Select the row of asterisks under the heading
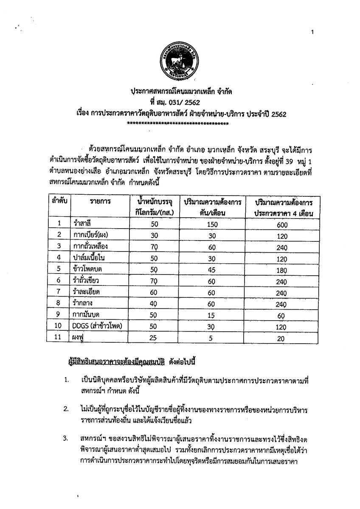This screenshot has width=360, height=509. pos(178,123)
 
